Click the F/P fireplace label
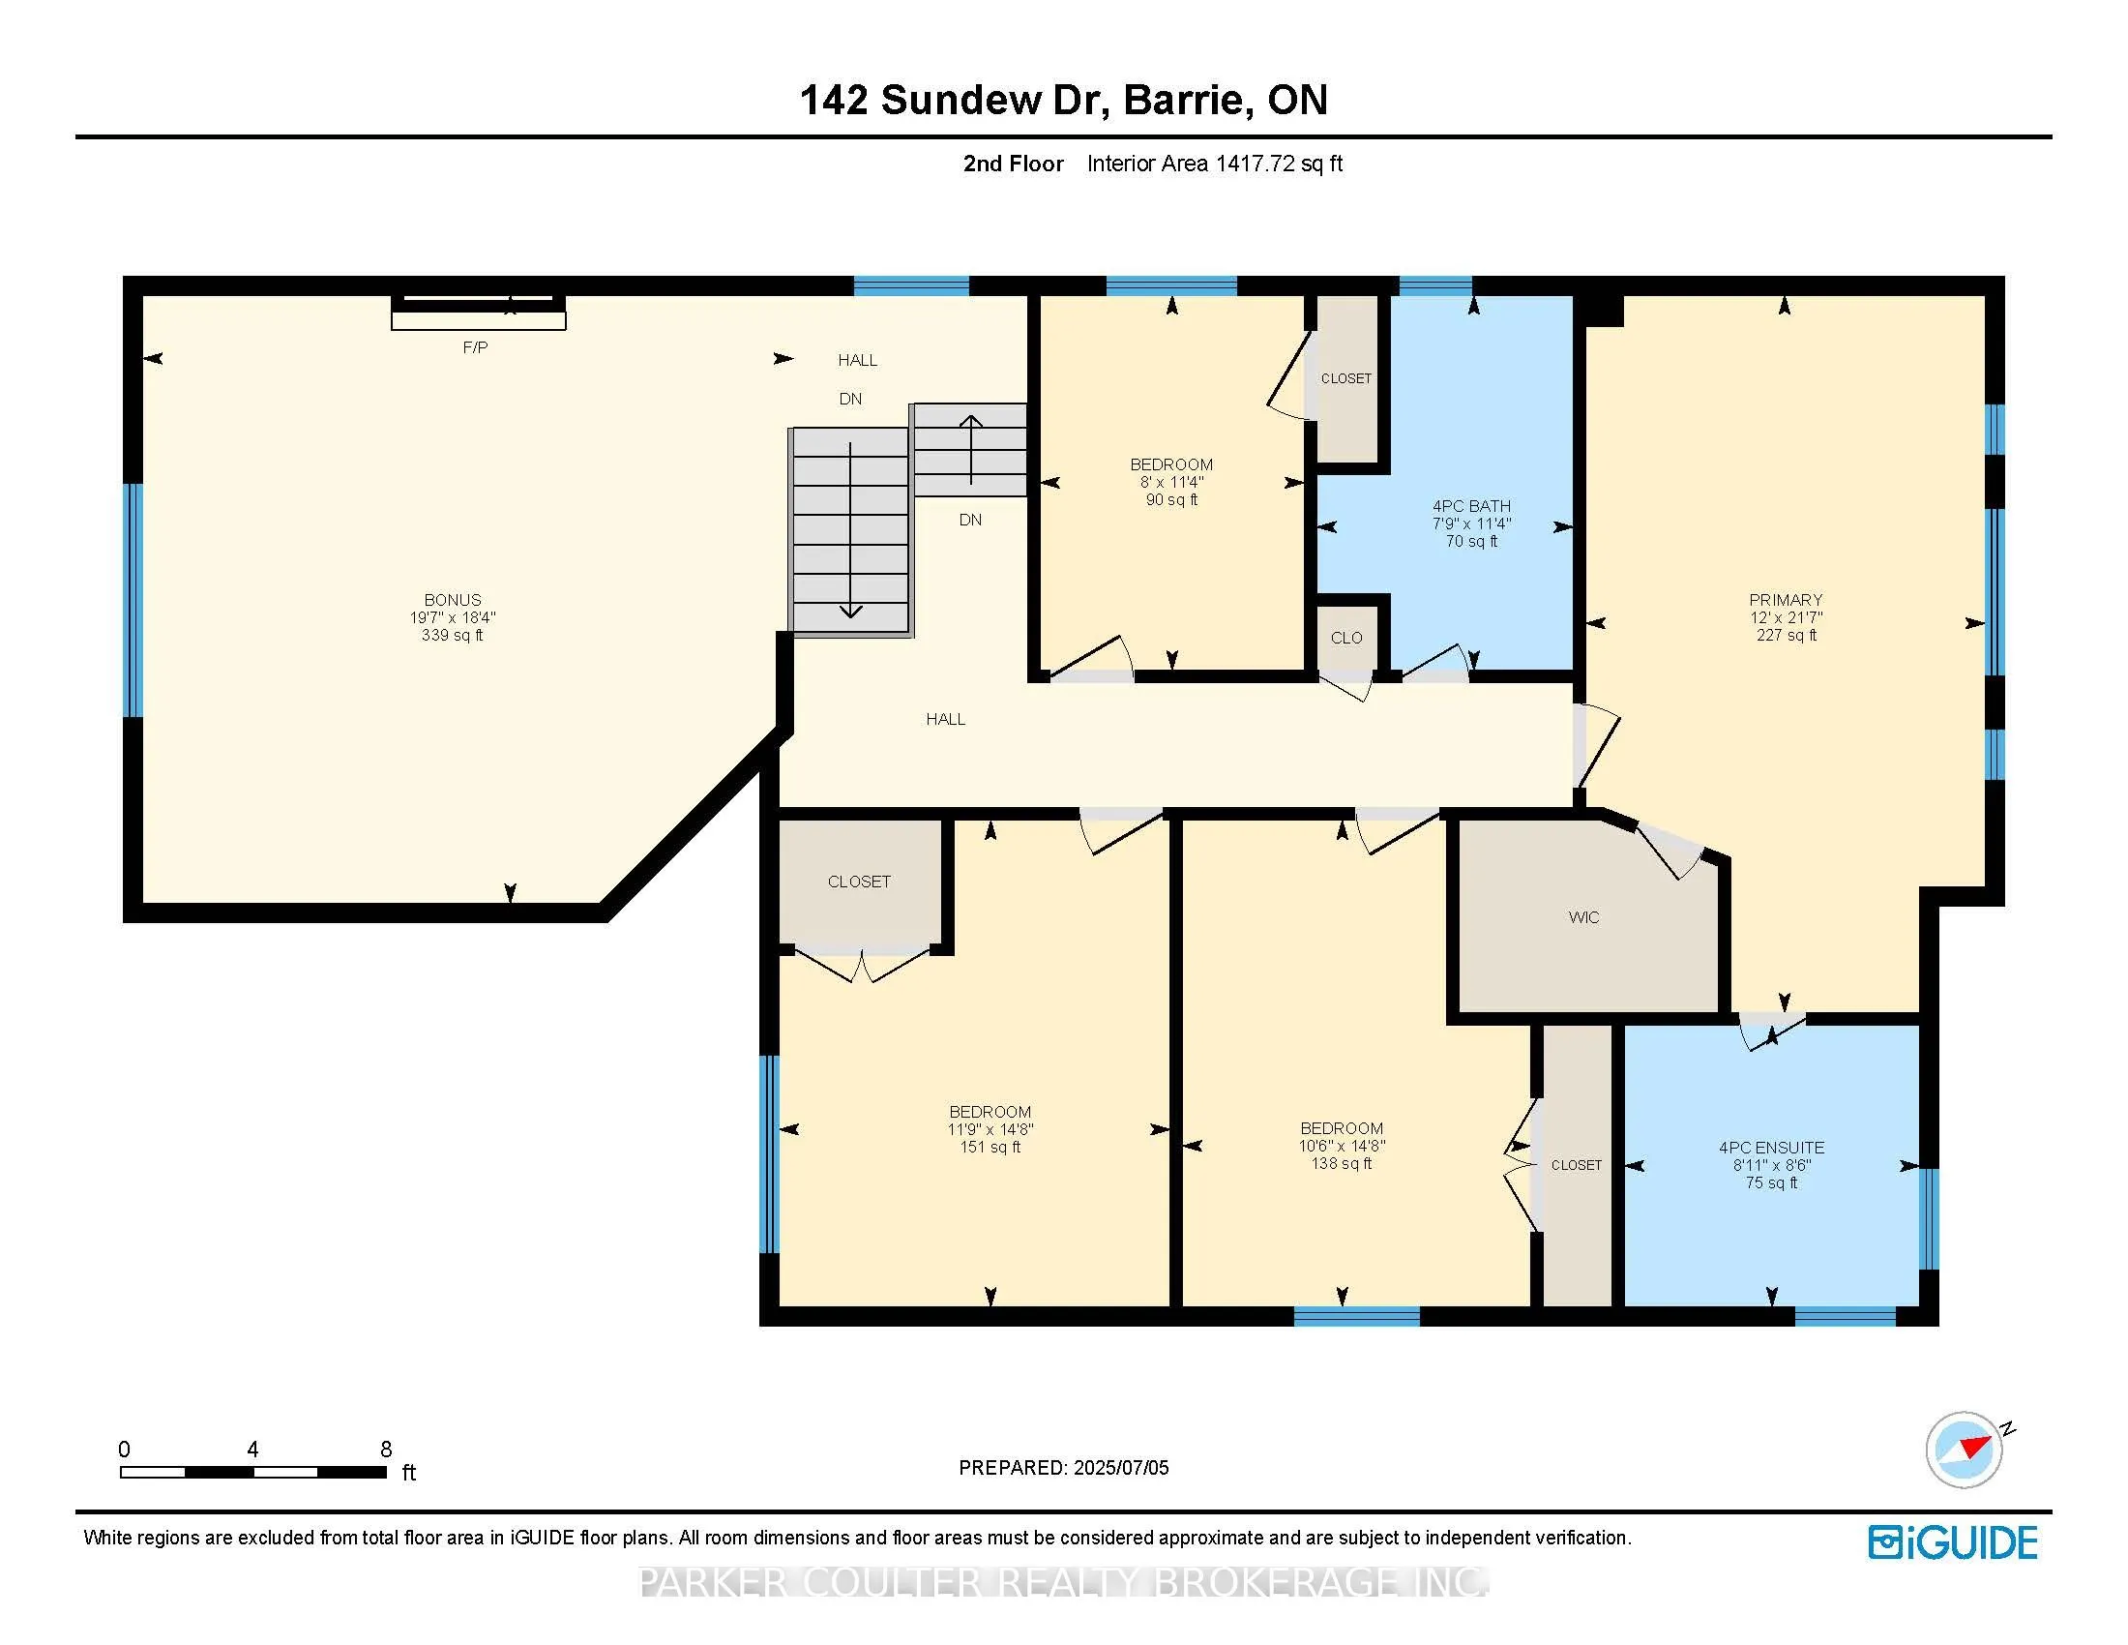click(475, 348)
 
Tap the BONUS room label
click(452, 600)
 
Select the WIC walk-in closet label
click(1583, 917)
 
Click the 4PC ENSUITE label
click(1771, 1148)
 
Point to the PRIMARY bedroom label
click(1785, 600)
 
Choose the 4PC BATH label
click(1471, 507)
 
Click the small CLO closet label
click(1346, 639)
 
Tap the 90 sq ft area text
click(1171, 500)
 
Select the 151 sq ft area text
click(990, 1147)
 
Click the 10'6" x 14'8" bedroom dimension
click(1342, 1146)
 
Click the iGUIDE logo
click(1953, 1542)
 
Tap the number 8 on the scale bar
click(386, 1450)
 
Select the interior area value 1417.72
click(1255, 164)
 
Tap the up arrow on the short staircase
click(970, 450)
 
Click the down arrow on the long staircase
click(850, 530)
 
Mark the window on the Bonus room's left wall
click(133, 600)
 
